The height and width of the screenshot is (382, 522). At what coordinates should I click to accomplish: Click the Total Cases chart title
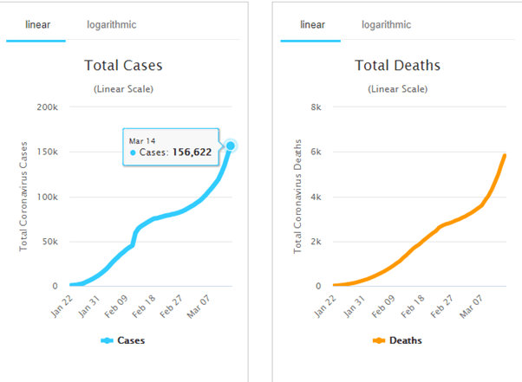tap(123, 65)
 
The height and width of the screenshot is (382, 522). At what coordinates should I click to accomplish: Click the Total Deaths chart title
tap(398, 65)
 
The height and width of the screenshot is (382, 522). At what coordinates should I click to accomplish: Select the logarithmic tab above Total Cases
tap(111, 24)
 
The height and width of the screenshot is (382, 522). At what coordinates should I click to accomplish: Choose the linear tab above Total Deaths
tap(312, 24)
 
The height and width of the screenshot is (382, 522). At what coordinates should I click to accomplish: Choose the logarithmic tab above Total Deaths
tap(386, 24)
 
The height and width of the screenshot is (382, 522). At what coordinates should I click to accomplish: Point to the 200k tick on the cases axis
tap(47, 107)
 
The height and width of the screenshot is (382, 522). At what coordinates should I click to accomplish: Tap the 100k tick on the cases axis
tap(47, 197)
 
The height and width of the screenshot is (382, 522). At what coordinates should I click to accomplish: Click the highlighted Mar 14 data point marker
tap(231, 146)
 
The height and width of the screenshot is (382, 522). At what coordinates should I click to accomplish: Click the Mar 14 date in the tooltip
tap(142, 139)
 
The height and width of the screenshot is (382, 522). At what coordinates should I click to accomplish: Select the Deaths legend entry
tap(398, 340)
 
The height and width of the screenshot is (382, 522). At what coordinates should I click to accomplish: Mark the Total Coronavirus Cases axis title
tap(24, 195)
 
